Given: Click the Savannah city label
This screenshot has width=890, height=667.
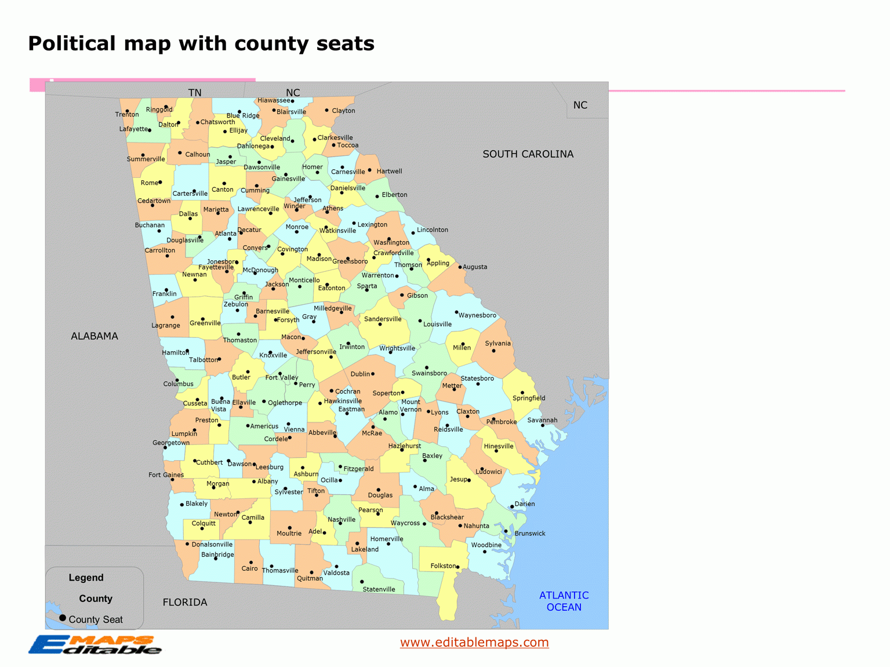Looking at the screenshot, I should (542, 420).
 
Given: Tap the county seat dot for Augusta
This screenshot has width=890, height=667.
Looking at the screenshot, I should (460, 267).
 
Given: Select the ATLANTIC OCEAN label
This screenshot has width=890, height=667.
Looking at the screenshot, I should (564, 601).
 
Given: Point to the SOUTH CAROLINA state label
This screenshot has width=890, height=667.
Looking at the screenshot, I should (528, 154).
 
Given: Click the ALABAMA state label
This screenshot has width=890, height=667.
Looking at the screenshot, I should (95, 336).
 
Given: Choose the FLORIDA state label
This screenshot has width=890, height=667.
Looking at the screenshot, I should (185, 602).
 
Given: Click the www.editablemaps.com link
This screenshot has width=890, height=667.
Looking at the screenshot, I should (474, 642).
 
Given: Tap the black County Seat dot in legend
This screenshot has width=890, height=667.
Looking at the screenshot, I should (63, 618).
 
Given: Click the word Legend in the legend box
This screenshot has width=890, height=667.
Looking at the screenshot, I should (86, 578).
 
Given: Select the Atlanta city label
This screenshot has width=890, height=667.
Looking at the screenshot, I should (226, 234).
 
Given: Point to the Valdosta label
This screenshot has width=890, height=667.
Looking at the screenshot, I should (336, 573).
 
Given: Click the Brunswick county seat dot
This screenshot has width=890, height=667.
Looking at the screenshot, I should (506, 531).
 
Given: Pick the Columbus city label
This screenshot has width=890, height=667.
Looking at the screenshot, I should (179, 384).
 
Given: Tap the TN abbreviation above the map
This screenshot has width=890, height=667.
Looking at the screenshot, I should (195, 93).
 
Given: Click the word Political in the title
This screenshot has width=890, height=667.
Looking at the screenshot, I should (72, 43).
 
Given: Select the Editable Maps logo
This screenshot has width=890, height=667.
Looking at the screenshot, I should (95, 644).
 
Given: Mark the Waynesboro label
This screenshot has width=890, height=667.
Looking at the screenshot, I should (477, 315).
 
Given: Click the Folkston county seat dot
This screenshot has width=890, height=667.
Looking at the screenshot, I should (457, 567).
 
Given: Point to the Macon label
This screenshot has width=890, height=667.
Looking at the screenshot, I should (291, 337).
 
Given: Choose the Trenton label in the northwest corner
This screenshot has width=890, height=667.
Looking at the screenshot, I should (127, 115).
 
